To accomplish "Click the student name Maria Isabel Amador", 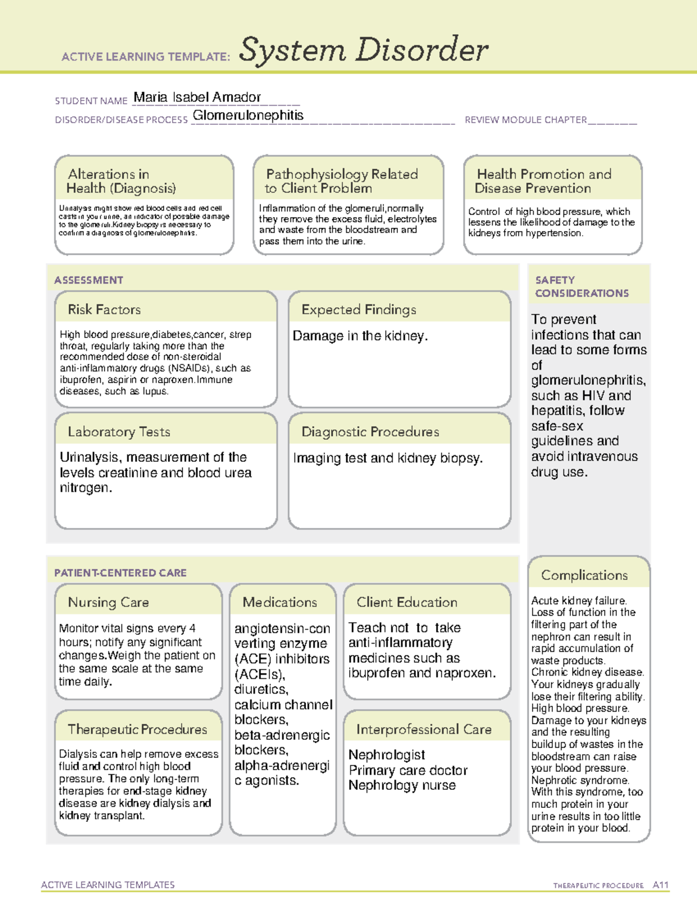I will tap(197, 97).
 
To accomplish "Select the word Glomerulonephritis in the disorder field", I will tap(248, 115).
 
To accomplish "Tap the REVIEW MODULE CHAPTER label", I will tap(525, 120).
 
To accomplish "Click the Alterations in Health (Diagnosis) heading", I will tap(121, 181).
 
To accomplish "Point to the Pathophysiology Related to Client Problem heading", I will tap(342, 181).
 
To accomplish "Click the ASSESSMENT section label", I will tap(89, 280).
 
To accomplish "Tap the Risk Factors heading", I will tap(105, 310).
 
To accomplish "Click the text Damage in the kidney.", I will tap(360, 336).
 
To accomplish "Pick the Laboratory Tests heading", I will tap(119, 432).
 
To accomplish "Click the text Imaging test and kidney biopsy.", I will tap(387, 458).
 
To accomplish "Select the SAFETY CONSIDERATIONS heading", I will tap(581, 287).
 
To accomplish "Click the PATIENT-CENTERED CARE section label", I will tap(120, 573).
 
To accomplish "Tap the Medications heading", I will tap(280, 602).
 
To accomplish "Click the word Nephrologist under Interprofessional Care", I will tap(387, 754).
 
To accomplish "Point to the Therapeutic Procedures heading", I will tap(137, 729).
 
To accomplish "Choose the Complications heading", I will tap(584, 575).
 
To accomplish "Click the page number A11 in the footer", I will tap(660, 885).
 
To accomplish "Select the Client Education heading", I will tap(407, 602).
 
